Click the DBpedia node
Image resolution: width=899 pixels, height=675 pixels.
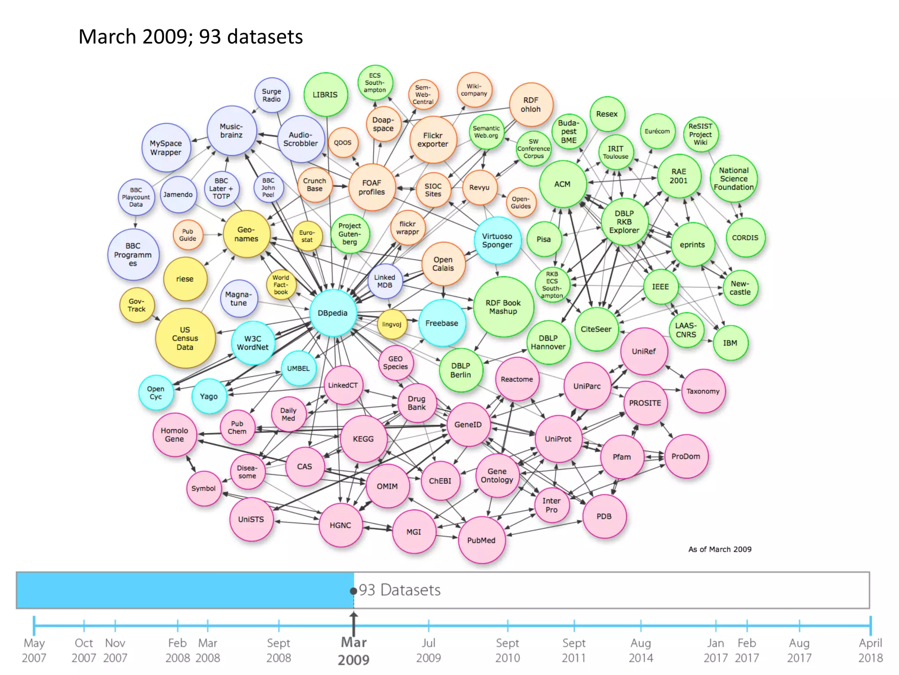pyautogui.click(x=333, y=313)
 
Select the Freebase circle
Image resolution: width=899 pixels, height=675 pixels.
pyautogui.click(x=442, y=323)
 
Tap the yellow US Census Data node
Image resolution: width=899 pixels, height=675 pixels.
pyautogui.click(x=185, y=338)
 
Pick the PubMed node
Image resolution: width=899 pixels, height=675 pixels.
pyautogui.click(x=481, y=540)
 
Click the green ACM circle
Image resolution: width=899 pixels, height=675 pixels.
pyautogui.click(x=562, y=184)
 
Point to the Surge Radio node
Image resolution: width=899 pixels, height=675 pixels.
pyautogui.click(x=272, y=95)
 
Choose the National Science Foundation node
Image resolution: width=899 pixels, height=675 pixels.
pyautogui.click(x=734, y=178)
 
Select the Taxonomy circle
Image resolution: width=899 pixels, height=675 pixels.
pyautogui.click(x=703, y=391)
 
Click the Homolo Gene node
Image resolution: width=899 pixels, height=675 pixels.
pyautogui.click(x=174, y=435)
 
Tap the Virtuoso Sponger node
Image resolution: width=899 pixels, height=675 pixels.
pyautogui.click(x=497, y=240)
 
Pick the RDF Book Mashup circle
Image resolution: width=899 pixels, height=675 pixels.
pyautogui.click(x=503, y=307)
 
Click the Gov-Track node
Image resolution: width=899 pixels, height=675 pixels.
pyautogui.click(x=137, y=305)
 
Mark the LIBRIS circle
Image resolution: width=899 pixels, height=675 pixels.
pyautogui.click(x=325, y=94)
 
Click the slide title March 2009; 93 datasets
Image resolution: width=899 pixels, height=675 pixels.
pyautogui.click(x=191, y=37)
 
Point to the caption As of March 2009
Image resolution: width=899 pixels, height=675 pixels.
pyautogui.click(x=719, y=549)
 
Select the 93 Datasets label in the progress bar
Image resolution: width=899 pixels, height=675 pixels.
pyautogui.click(x=399, y=590)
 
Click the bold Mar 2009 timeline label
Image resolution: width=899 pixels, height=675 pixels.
pyautogui.click(x=354, y=651)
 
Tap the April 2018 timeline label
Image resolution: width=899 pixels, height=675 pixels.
pyautogui.click(x=870, y=650)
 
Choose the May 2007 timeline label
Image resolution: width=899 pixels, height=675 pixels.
pyautogui.click(x=34, y=650)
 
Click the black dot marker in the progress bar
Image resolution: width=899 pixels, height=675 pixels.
pyautogui.click(x=353, y=591)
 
